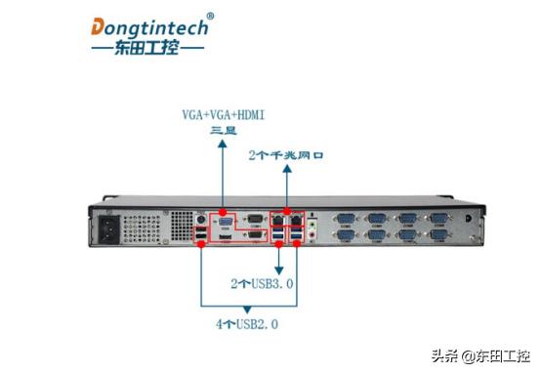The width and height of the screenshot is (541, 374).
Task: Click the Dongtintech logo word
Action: pos(149,26)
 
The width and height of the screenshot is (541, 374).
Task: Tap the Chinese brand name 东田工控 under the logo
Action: pos(146,49)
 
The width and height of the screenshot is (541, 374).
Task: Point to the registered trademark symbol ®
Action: pos(211,16)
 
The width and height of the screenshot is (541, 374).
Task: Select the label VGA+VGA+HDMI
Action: pos(223,115)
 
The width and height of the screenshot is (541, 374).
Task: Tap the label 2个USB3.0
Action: pos(262,283)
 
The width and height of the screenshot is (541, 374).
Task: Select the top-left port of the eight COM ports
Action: pos(345,220)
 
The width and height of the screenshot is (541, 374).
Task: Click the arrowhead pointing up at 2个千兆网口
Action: pos(286,170)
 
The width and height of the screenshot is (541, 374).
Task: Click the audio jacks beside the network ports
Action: pos(312,229)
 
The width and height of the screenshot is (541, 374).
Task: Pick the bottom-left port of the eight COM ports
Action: pos(345,235)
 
